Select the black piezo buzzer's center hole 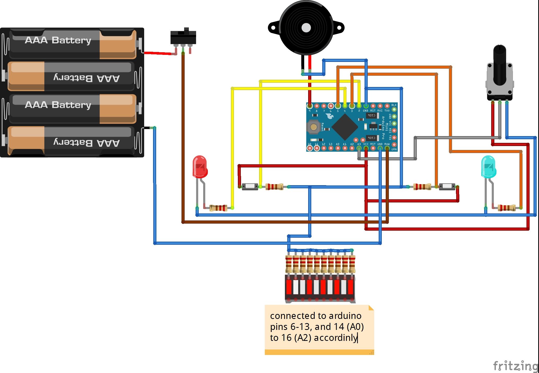(x=306, y=28)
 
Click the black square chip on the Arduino (x=345, y=127)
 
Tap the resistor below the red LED (x=219, y=208)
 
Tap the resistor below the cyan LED (x=507, y=208)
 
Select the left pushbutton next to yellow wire (x=250, y=187)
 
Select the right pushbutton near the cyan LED (x=447, y=187)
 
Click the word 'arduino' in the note (x=345, y=316)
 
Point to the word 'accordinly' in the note (x=335, y=338)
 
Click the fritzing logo (x=515, y=366)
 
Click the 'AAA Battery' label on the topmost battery (x=58, y=40)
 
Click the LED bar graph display (x=320, y=287)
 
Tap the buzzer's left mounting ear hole (x=273, y=28)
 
